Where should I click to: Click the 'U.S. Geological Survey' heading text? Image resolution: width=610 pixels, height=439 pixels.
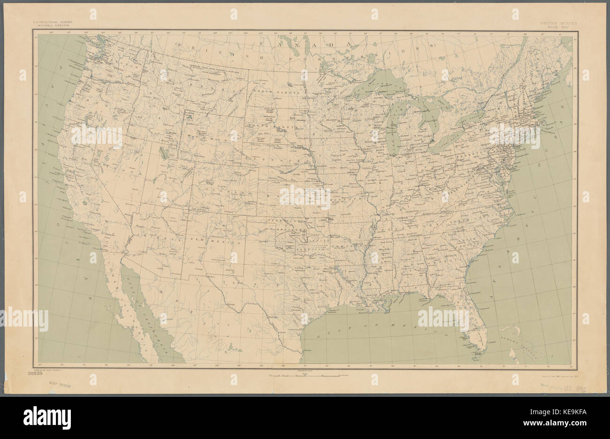[52, 22]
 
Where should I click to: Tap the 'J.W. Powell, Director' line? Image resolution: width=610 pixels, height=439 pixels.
[52, 26]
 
